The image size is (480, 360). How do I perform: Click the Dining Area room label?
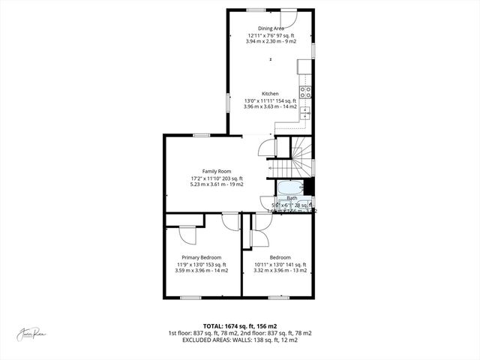tap(271, 28)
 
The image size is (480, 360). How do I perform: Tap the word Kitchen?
tap(271, 94)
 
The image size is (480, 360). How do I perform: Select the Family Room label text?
tap(216, 171)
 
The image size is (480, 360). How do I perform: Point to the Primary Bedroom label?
tap(201, 257)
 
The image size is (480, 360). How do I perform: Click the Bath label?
tap(292, 198)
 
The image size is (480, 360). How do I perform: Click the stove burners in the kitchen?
tap(306, 92)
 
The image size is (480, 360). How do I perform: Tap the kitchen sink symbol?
tap(306, 112)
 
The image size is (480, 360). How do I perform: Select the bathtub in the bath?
tap(289, 187)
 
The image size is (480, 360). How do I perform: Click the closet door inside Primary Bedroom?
tap(187, 235)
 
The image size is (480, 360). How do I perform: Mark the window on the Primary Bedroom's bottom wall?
tap(190, 297)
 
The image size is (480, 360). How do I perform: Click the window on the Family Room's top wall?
tap(201, 135)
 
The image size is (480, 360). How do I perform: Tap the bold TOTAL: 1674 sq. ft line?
tap(240, 326)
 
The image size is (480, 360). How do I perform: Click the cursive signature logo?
tap(33, 334)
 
